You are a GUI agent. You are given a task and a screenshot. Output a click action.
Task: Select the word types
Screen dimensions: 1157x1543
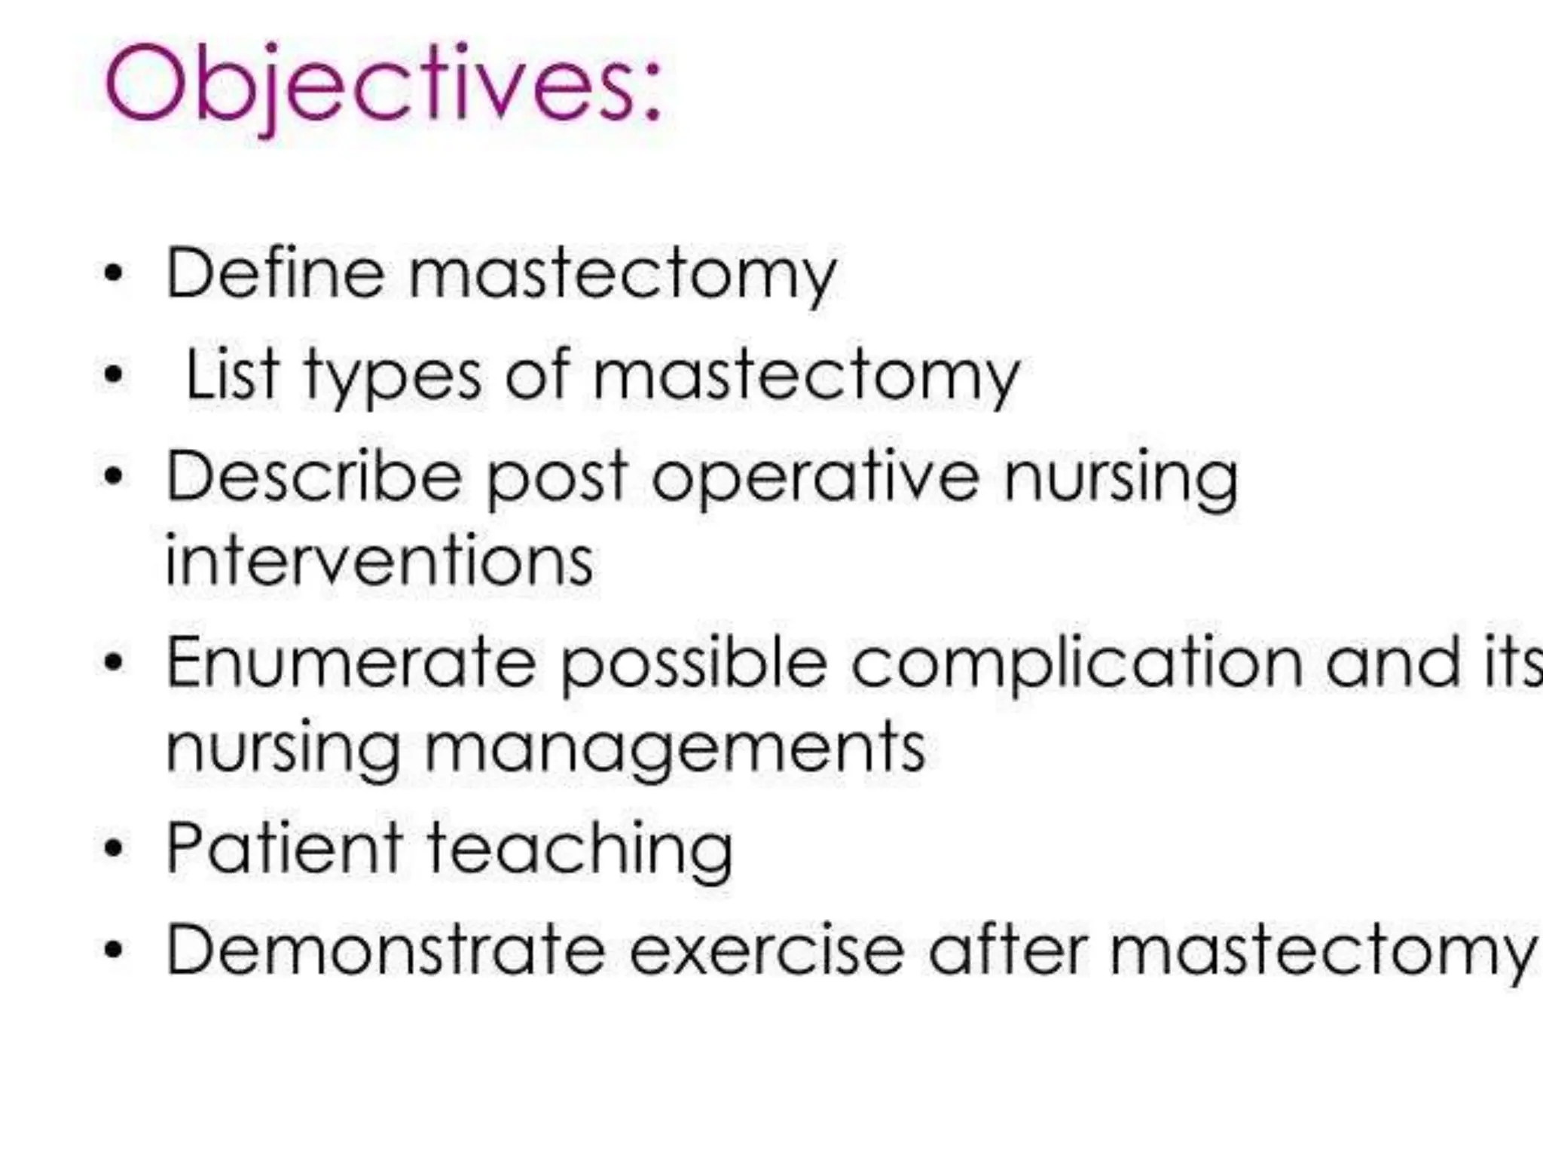pos(393,377)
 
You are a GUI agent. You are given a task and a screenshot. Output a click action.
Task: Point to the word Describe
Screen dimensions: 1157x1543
pos(313,476)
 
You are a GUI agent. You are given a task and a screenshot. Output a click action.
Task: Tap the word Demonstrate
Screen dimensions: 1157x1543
pos(385,950)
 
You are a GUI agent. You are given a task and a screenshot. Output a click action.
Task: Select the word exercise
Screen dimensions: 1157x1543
pos(766,950)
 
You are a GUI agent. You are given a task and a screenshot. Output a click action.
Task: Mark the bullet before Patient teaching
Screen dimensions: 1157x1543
pos(113,850)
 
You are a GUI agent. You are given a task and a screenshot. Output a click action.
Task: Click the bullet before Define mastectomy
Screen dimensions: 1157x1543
pos(113,274)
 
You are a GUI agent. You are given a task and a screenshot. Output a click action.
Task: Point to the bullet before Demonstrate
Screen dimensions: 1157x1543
pos(113,951)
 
